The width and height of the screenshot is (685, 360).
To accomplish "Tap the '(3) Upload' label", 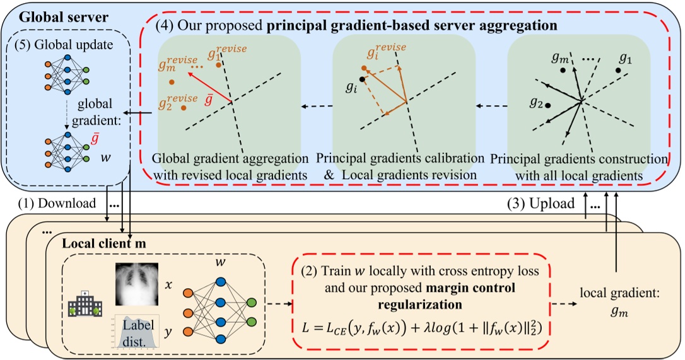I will pos(541,204).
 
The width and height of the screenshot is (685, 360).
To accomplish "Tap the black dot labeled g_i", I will pos(361,79).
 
